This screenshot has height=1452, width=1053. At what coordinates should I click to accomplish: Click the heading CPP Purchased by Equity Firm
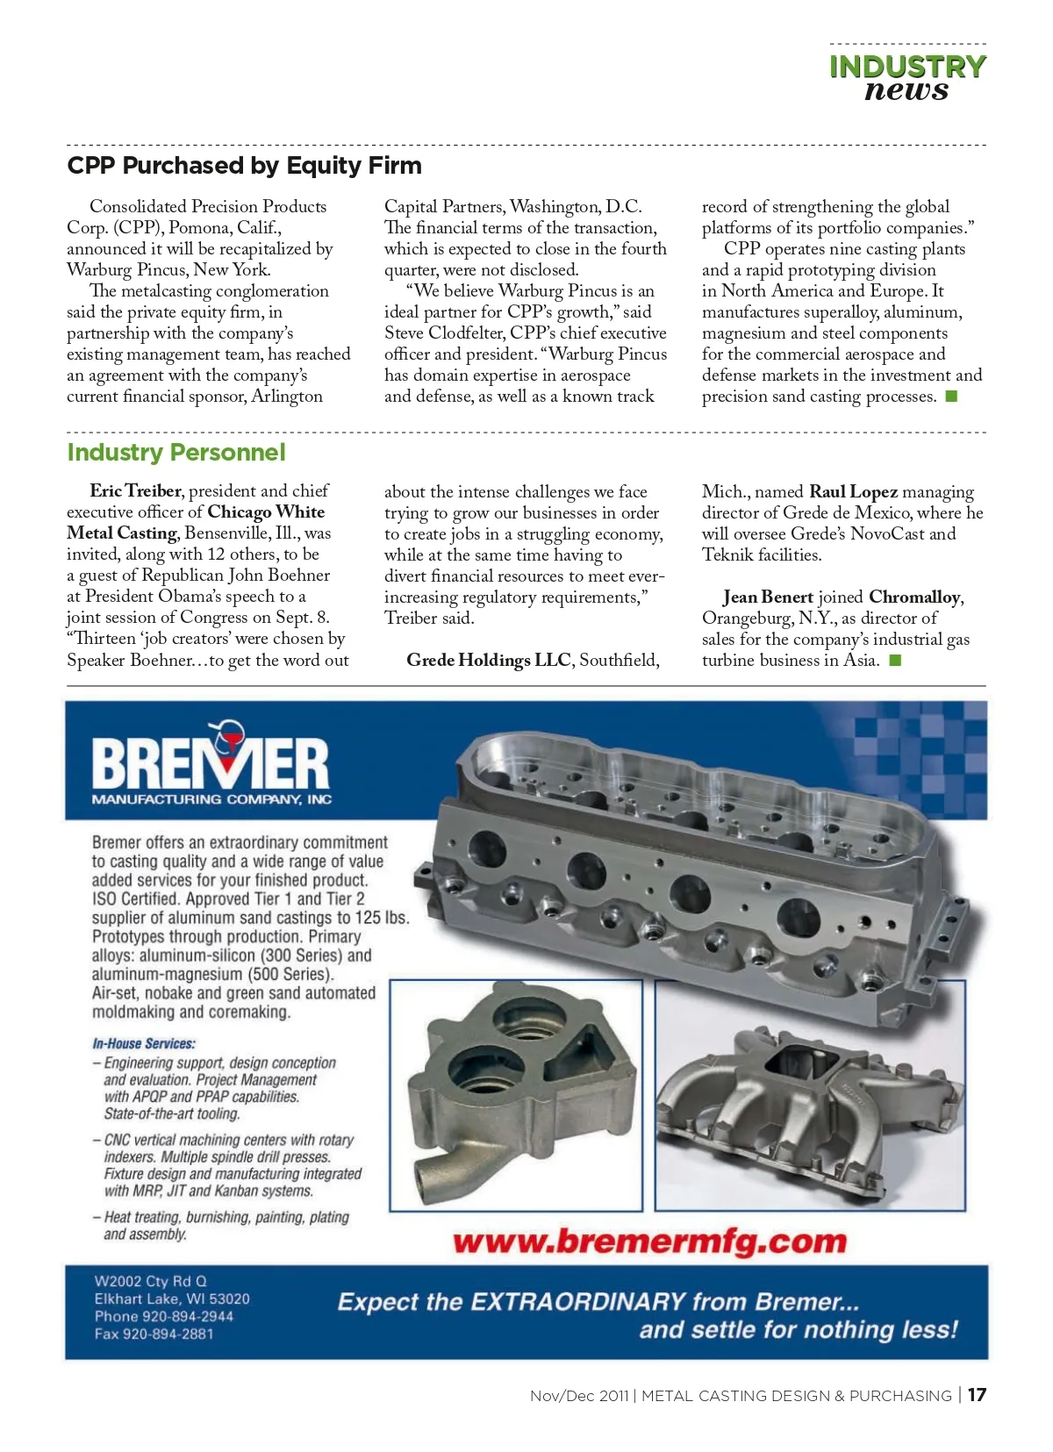point(244,166)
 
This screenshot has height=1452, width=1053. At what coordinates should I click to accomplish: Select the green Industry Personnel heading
point(176,453)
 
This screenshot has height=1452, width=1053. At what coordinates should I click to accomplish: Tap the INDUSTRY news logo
point(907,78)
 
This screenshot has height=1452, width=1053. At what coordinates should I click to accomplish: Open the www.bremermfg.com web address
point(649,1242)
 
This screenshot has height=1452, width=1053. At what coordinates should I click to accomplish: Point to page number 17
point(977,1395)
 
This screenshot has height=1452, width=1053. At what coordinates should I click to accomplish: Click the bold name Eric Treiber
point(135,490)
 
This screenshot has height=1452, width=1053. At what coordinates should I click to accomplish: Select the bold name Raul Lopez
point(853,491)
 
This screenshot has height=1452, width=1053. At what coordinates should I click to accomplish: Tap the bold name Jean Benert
point(768,597)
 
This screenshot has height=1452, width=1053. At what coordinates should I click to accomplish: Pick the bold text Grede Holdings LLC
point(488,661)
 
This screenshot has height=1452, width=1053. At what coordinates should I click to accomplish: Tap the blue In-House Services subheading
point(144,1044)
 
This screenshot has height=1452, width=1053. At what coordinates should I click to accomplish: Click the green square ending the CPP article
point(951,397)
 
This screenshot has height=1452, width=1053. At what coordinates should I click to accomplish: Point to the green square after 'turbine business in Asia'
point(895,661)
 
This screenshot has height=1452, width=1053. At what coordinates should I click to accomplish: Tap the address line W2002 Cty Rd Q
point(151,1281)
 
